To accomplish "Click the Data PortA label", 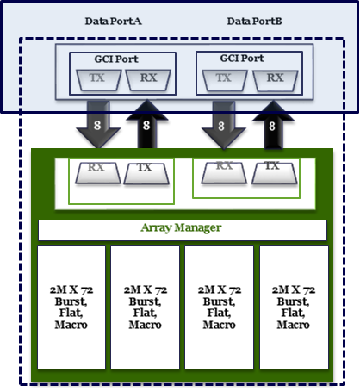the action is point(113,22).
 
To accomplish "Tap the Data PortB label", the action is point(254,22).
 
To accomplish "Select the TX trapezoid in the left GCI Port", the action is point(98,80).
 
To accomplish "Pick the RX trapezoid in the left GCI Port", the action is point(148,80).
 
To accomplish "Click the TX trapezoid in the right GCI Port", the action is point(225,81).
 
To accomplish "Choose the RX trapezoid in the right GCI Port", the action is point(275,81).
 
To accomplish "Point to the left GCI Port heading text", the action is point(116,59).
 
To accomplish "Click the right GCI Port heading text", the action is point(242,59).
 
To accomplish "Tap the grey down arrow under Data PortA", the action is point(98,125).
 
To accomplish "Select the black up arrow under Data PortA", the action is point(147,124).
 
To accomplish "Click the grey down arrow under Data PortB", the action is point(224,125).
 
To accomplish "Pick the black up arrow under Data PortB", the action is point(273,125).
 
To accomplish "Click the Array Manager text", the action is point(181,227).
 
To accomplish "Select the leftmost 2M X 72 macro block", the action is point(71,307).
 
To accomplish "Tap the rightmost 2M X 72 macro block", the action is point(294,307).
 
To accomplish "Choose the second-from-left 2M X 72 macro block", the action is point(146,307).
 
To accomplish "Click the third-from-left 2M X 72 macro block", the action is point(220,307).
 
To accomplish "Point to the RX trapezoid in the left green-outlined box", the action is point(98,173).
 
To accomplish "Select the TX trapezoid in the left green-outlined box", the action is point(146,174).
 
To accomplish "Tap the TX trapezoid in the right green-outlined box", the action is point(275,173).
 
